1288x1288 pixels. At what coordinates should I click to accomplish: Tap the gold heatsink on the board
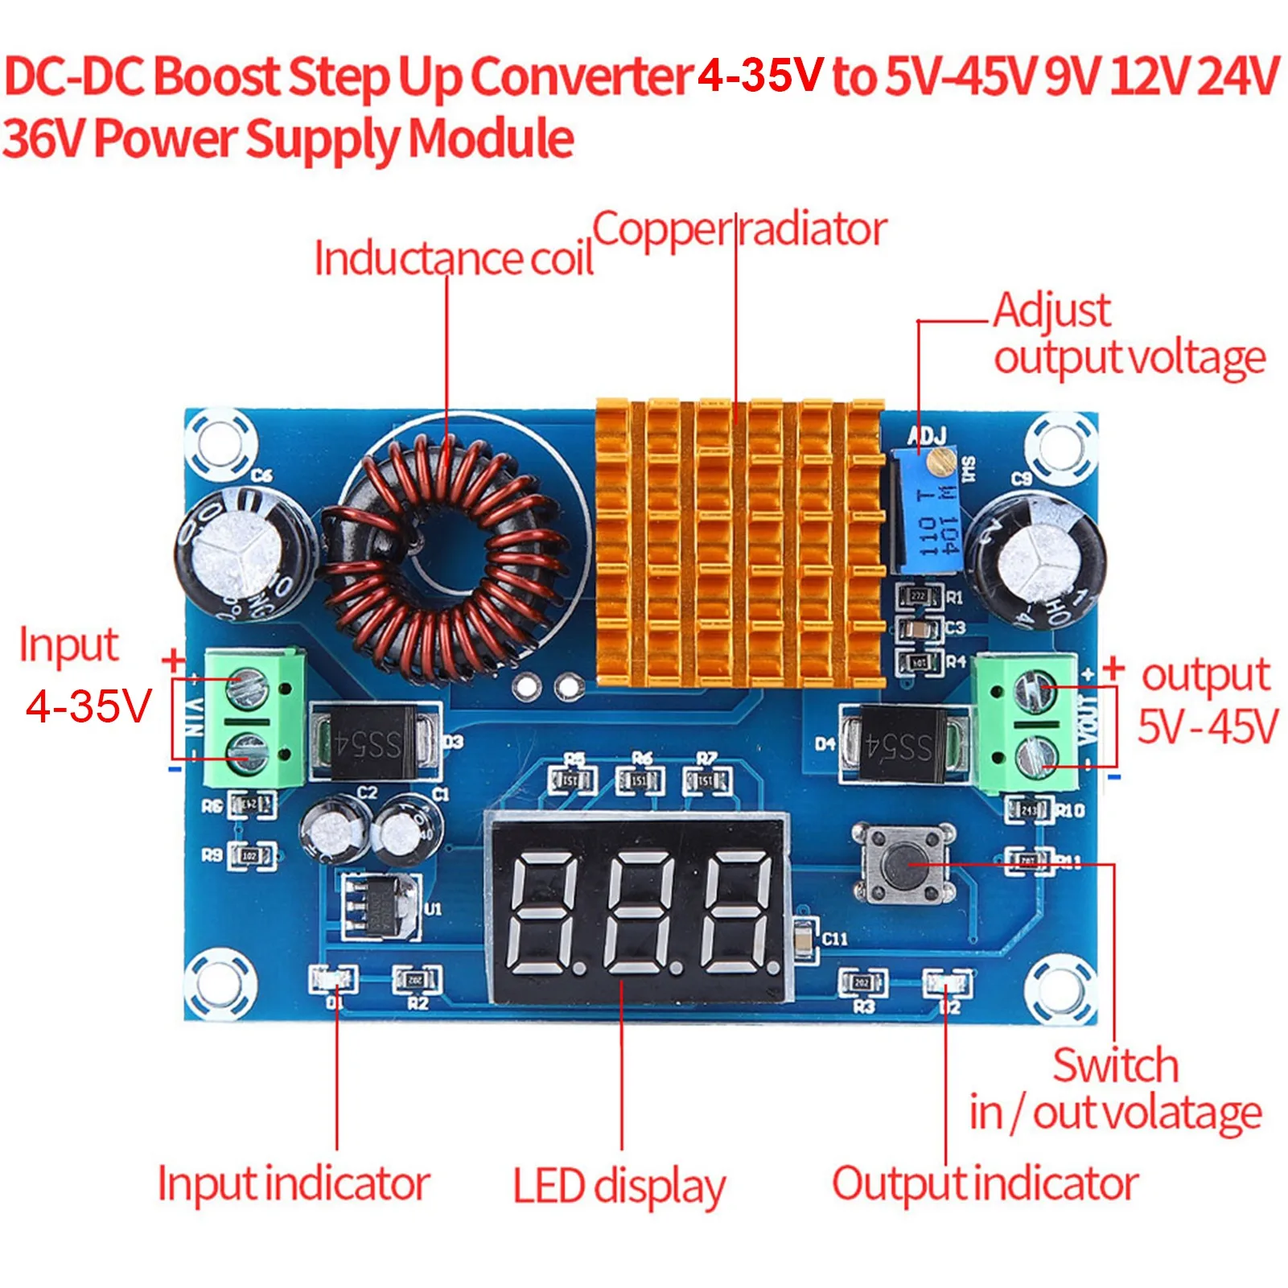(x=739, y=543)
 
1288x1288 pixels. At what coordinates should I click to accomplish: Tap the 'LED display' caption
(x=619, y=1186)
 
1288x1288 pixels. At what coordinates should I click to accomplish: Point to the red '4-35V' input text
(x=88, y=706)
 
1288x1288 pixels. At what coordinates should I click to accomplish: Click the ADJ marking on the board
(x=927, y=436)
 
